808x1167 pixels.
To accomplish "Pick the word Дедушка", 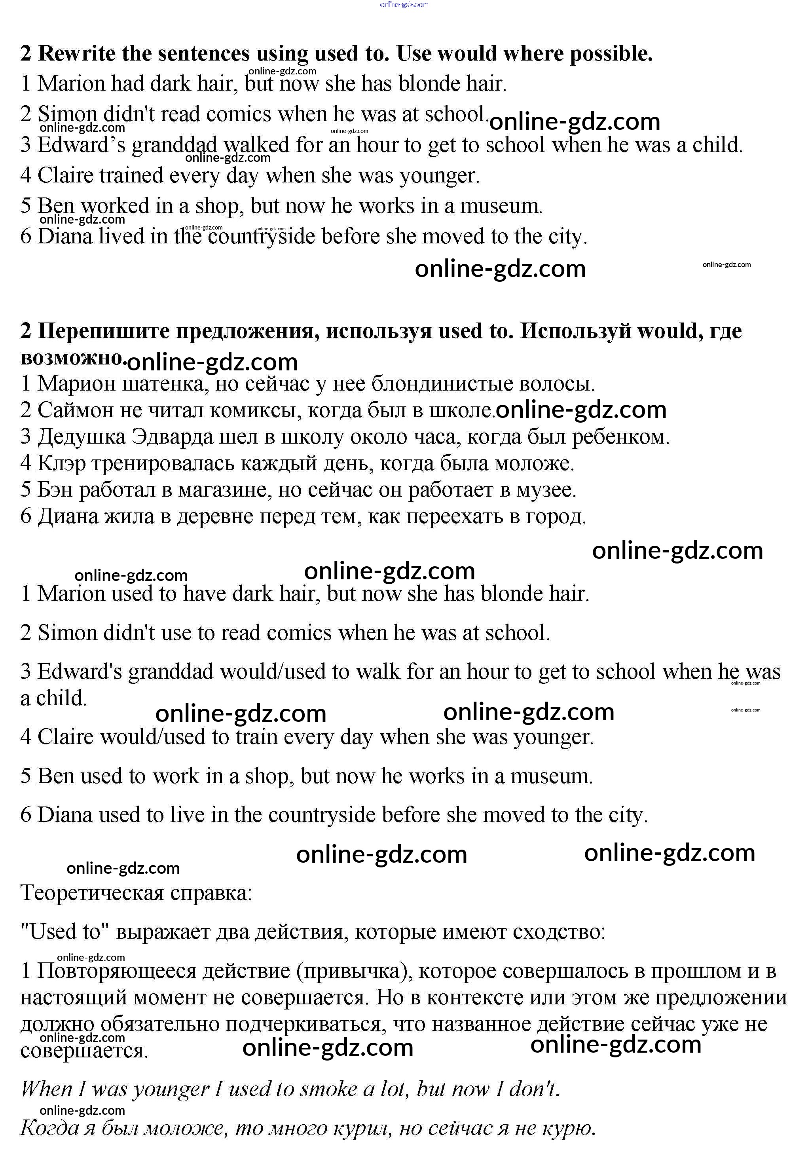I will (82, 436).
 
